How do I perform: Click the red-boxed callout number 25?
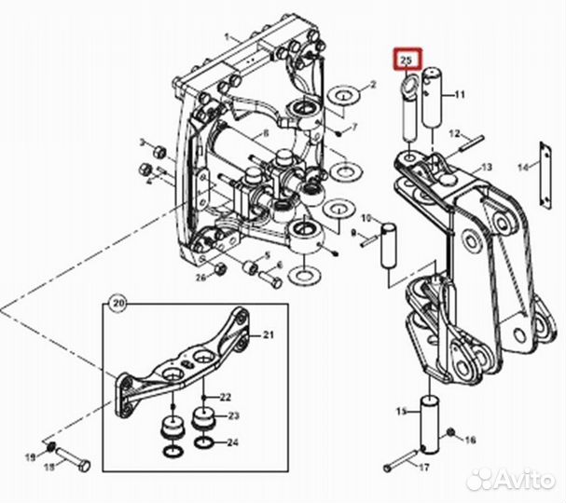[x=407, y=61]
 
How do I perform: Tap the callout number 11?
[x=459, y=95]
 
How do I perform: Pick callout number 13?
[x=485, y=167]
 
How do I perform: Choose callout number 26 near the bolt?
[x=200, y=277]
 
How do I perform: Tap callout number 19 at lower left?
[x=30, y=455]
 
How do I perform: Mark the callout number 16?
[x=471, y=439]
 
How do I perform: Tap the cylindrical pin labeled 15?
[x=431, y=418]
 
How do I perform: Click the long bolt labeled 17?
[x=397, y=458]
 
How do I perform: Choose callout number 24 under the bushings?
[x=234, y=442]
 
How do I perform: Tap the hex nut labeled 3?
[x=157, y=149]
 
